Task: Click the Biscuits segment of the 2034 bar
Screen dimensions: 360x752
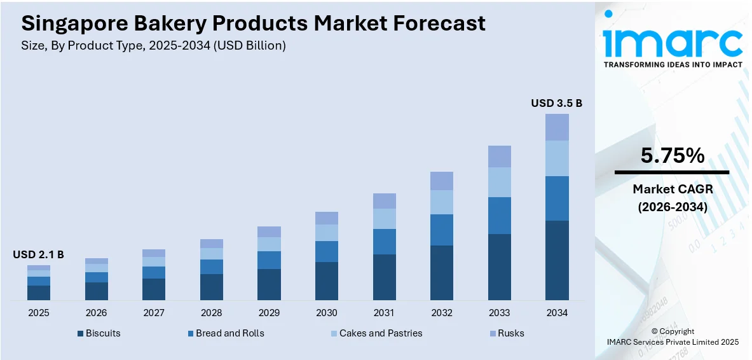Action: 557,260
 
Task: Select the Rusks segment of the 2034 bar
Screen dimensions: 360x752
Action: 557,127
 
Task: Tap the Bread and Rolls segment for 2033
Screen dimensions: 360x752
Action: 499,216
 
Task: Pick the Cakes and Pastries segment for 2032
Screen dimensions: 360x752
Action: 442,202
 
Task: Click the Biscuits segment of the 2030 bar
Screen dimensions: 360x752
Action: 327,280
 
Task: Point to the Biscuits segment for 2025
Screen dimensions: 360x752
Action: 39,293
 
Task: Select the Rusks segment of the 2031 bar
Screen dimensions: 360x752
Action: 384,201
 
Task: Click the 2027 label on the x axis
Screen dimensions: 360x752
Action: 154,313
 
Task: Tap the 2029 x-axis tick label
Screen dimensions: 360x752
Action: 269,313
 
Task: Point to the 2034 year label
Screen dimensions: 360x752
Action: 557,313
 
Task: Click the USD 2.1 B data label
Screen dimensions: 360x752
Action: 39,254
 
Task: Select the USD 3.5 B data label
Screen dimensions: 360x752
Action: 557,103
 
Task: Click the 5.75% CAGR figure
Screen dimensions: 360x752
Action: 672,156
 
